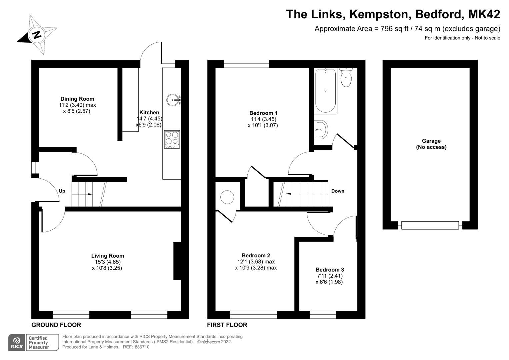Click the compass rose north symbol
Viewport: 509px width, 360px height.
click(x=37, y=34)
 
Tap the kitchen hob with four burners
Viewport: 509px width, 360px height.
click(x=172, y=139)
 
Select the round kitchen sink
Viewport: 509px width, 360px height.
click(x=174, y=99)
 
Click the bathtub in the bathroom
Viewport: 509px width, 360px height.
click(x=325, y=91)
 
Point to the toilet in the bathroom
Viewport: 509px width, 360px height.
click(x=346, y=78)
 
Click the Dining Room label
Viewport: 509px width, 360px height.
click(x=77, y=99)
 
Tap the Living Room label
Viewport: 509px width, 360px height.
click(x=108, y=256)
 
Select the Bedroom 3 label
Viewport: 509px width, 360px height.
click(x=330, y=270)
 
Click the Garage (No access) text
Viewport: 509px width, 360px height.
click(x=431, y=144)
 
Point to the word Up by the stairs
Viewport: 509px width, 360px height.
click(x=62, y=191)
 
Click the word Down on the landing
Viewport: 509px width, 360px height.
click(x=338, y=191)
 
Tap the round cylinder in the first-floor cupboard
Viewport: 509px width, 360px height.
click(x=228, y=197)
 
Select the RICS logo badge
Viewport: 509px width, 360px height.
click(x=17, y=342)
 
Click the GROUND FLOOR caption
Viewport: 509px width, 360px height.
click(x=56, y=325)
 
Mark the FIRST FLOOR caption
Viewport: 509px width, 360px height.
click(x=227, y=325)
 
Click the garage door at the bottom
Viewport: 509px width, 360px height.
click(x=430, y=226)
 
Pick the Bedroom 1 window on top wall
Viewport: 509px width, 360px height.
click(x=246, y=64)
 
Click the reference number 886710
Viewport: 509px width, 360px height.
click(x=142, y=347)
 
